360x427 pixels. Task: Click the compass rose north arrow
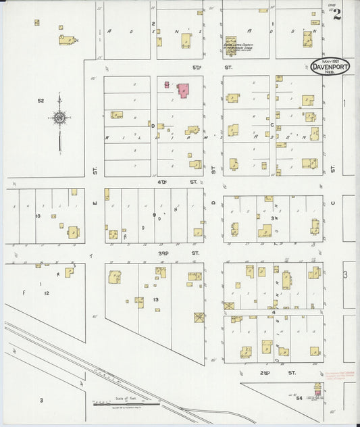pos(59,120)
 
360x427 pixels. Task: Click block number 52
pos(41,101)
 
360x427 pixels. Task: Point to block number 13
pos(155,299)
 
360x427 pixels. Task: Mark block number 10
pos(38,216)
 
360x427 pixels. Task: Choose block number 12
pos(46,293)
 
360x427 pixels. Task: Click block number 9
pos(154,216)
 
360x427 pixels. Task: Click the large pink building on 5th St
pos(183,89)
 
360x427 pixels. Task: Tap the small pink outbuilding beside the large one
pos(166,85)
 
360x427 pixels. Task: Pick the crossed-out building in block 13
pos(199,317)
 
